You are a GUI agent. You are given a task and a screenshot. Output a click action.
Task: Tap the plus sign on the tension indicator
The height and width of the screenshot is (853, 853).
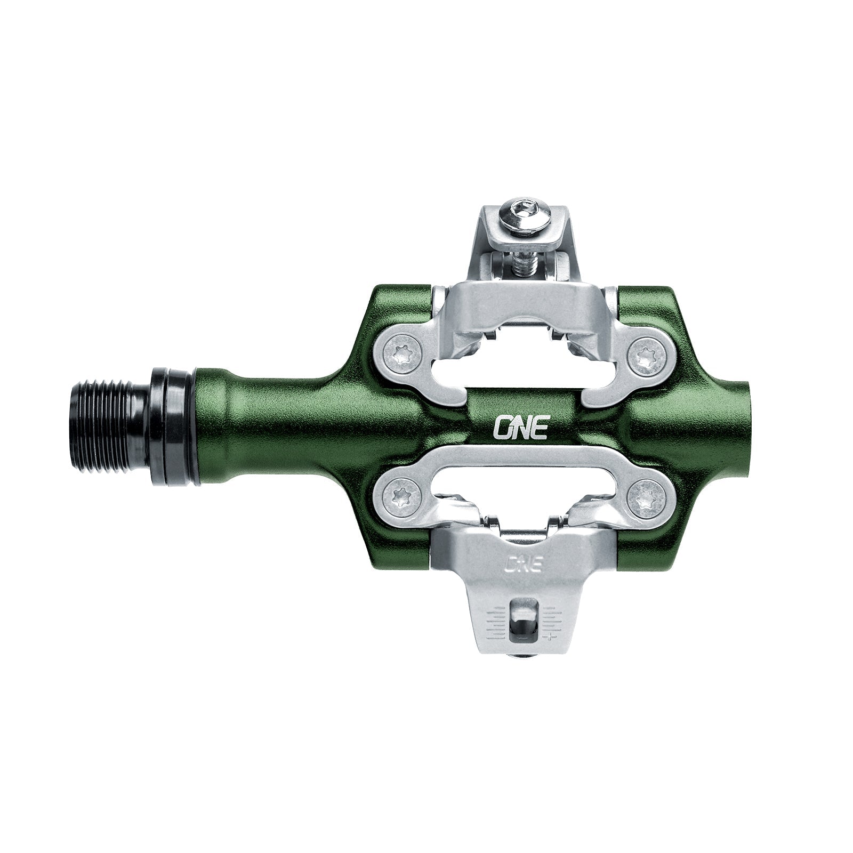[x=549, y=637]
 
